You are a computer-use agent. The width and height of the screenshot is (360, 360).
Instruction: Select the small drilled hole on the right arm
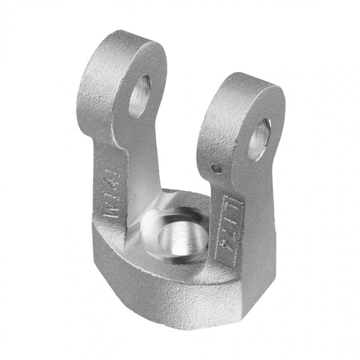(217, 168)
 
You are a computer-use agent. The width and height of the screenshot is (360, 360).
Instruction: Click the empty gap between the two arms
(184, 135)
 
